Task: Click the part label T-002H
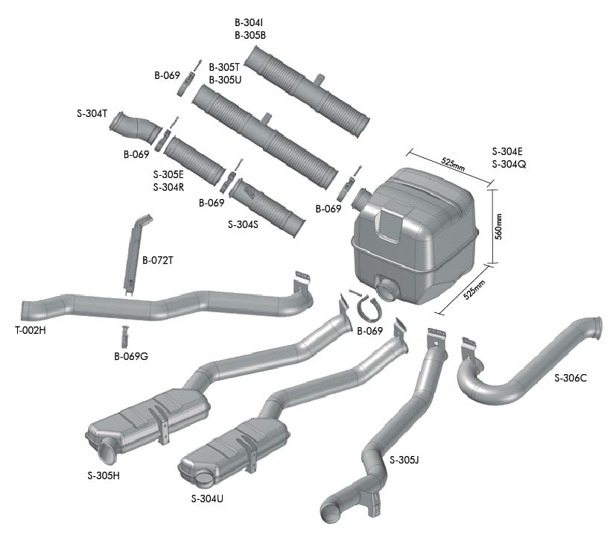pyautogui.click(x=30, y=330)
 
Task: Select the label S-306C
pyautogui.click(x=571, y=378)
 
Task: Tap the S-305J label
pyautogui.click(x=404, y=460)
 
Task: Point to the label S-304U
pyautogui.click(x=207, y=499)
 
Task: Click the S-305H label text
pyautogui.click(x=103, y=475)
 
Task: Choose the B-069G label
pyautogui.click(x=131, y=356)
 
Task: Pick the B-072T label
pyautogui.click(x=158, y=261)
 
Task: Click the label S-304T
pyautogui.click(x=92, y=113)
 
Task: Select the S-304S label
pyautogui.click(x=243, y=224)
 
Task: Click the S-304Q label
pyautogui.click(x=509, y=164)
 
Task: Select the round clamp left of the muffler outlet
pyautogui.click(x=367, y=306)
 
